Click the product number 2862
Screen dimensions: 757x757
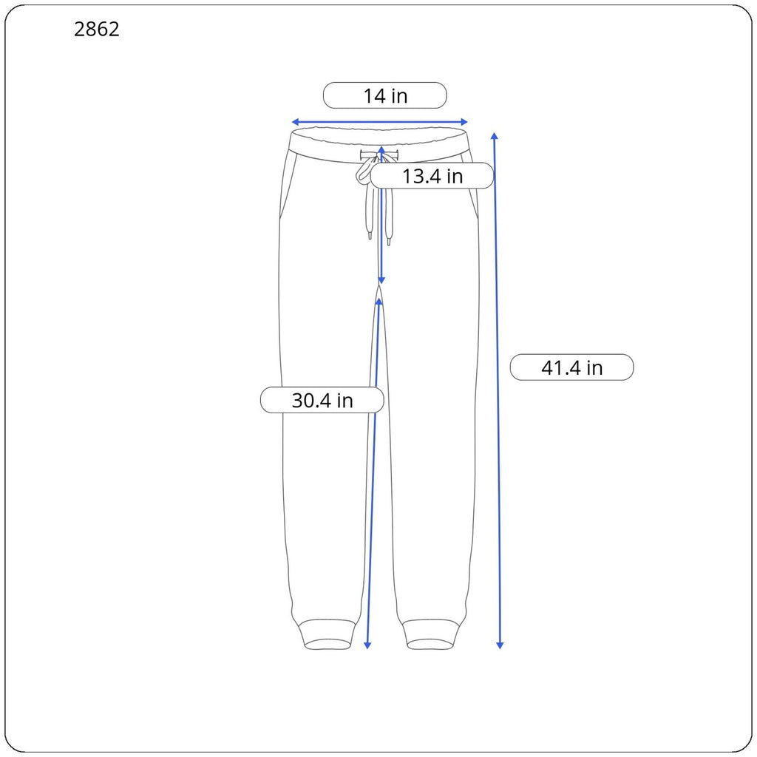[97, 30]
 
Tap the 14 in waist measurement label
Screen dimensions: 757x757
[384, 95]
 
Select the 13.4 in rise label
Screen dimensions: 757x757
[432, 176]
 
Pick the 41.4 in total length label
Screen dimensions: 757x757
[571, 367]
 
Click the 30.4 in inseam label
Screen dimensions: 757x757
[322, 400]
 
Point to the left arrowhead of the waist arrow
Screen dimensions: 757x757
[294, 122]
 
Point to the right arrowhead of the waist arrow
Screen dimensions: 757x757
[464, 122]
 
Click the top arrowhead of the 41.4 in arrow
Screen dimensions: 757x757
[495, 136]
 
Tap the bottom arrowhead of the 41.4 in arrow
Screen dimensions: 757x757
[500, 645]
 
